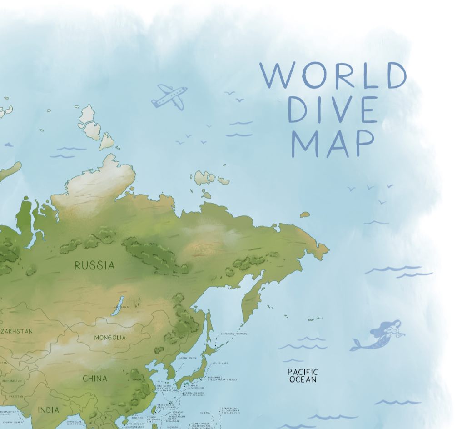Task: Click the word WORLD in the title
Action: (333, 75)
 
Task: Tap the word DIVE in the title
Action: (333, 110)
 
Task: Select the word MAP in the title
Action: (333, 143)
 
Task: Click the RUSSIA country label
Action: (94, 265)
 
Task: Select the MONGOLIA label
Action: (109, 338)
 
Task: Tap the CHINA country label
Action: (95, 378)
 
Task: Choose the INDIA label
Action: (48, 410)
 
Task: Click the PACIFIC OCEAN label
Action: (303, 376)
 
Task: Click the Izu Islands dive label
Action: (221, 363)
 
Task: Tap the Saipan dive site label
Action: (205, 413)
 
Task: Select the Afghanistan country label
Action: (11, 381)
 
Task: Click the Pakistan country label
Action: (16, 396)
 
